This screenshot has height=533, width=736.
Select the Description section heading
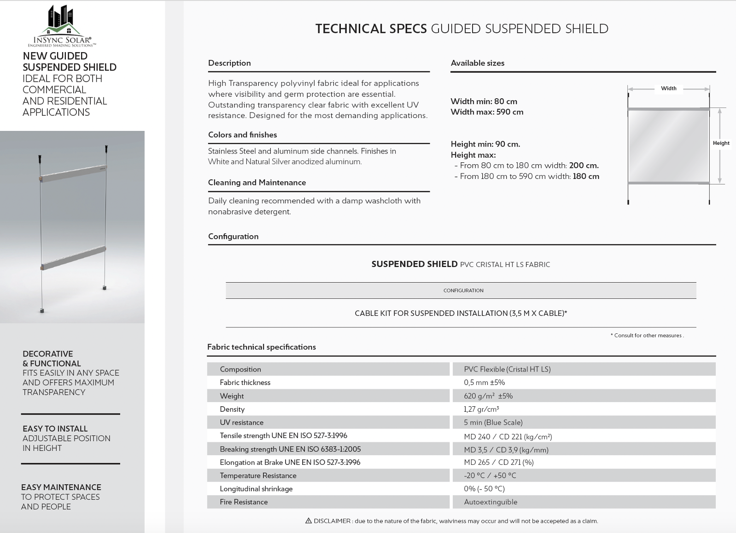pyautogui.click(x=229, y=63)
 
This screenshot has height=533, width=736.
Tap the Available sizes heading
pyautogui.click(x=477, y=63)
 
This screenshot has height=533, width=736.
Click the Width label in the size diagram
pyautogui.click(x=668, y=88)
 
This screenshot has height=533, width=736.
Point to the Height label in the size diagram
pyautogui.click(x=721, y=143)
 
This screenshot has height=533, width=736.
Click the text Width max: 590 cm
pyautogui.click(x=487, y=112)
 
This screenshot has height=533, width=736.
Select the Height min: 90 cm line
pyautogui.click(x=485, y=144)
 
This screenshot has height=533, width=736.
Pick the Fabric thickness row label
pyautogui.click(x=245, y=383)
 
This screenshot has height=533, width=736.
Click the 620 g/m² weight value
pyautogui.click(x=488, y=396)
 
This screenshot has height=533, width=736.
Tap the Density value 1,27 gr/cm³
pyautogui.click(x=481, y=409)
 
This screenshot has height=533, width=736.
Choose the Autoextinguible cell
pyautogui.click(x=491, y=502)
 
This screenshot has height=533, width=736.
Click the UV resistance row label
pyautogui.click(x=241, y=423)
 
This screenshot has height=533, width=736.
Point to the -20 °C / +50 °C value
pyautogui.click(x=490, y=476)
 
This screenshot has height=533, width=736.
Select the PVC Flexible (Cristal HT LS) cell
pyautogui.click(x=507, y=369)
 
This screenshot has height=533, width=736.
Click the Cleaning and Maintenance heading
pyautogui.click(x=257, y=183)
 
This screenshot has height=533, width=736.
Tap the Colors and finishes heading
pyautogui.click(x=242, y=135)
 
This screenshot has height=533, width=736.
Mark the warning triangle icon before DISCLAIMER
pyautogui.click(x=309, y=521)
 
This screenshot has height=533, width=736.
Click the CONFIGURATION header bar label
pyautogui.click(x=463, y=290)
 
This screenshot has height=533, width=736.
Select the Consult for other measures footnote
pyautogui.click(x=648, y=336)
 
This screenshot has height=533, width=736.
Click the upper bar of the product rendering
pyautogui.click(x=74, y=173)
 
